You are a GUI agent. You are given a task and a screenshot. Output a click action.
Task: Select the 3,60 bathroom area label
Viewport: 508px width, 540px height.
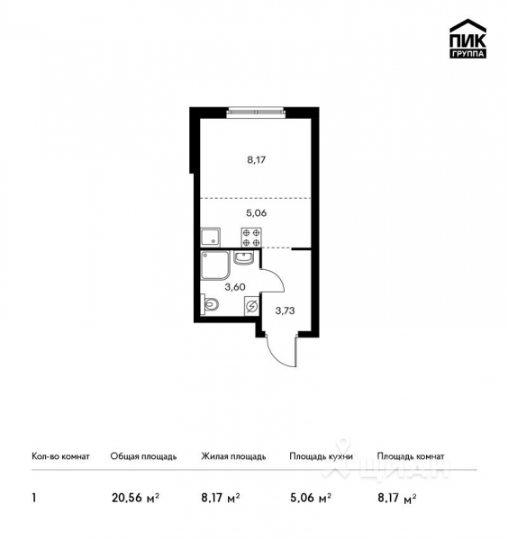234,287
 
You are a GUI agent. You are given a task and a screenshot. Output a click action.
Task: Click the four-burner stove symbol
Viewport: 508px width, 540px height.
251,237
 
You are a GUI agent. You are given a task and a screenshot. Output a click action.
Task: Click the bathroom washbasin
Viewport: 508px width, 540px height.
243,259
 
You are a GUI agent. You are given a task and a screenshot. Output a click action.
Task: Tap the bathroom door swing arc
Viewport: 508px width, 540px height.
273,280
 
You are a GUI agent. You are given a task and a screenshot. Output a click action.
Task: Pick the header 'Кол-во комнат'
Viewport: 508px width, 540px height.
60,456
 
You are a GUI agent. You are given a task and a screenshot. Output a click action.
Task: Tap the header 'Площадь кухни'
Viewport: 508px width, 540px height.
321,456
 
